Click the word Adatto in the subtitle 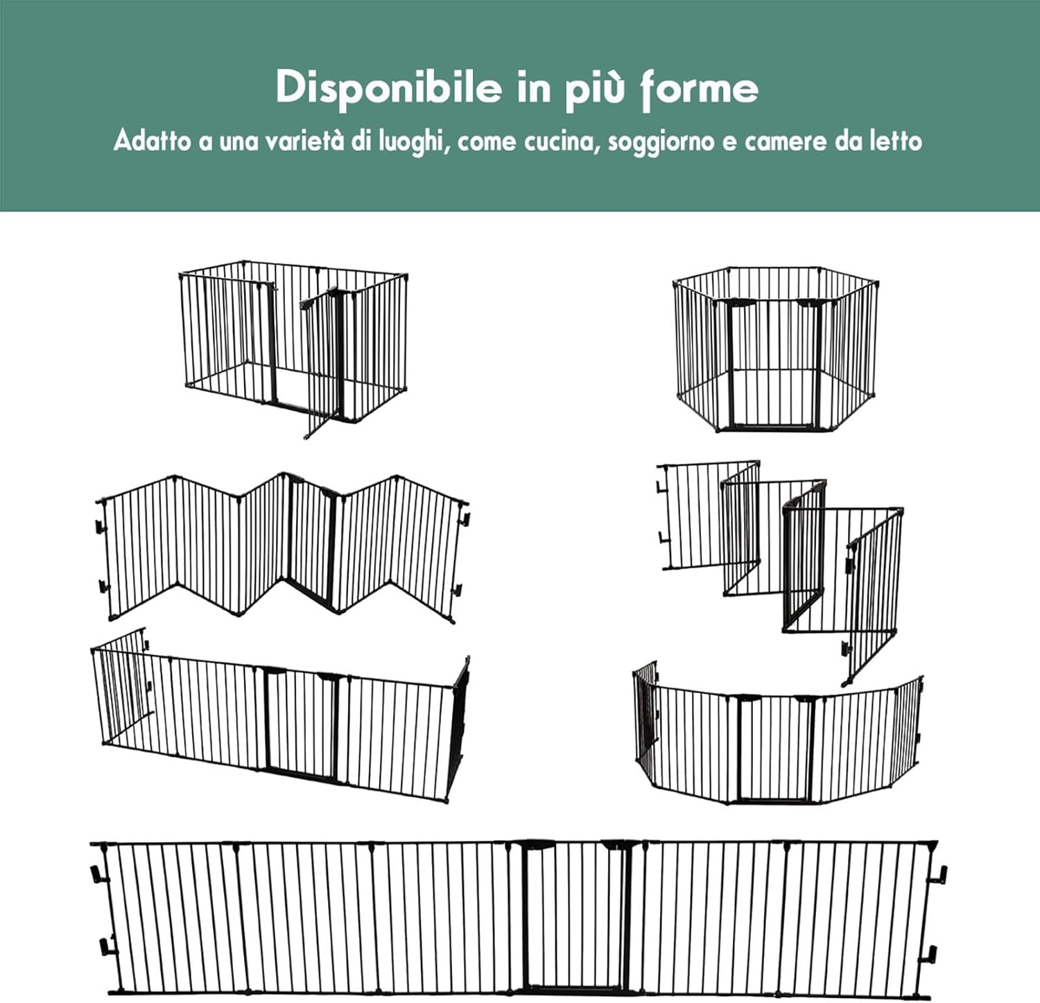click(x=152, y=141)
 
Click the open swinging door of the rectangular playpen click(x=320, y=360)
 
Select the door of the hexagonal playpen click(x=774, y=364)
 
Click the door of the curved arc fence click(x=774, y=749)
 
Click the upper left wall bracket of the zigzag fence click(x=101, y=526)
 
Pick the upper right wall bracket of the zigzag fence click(x=465, y=518)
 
